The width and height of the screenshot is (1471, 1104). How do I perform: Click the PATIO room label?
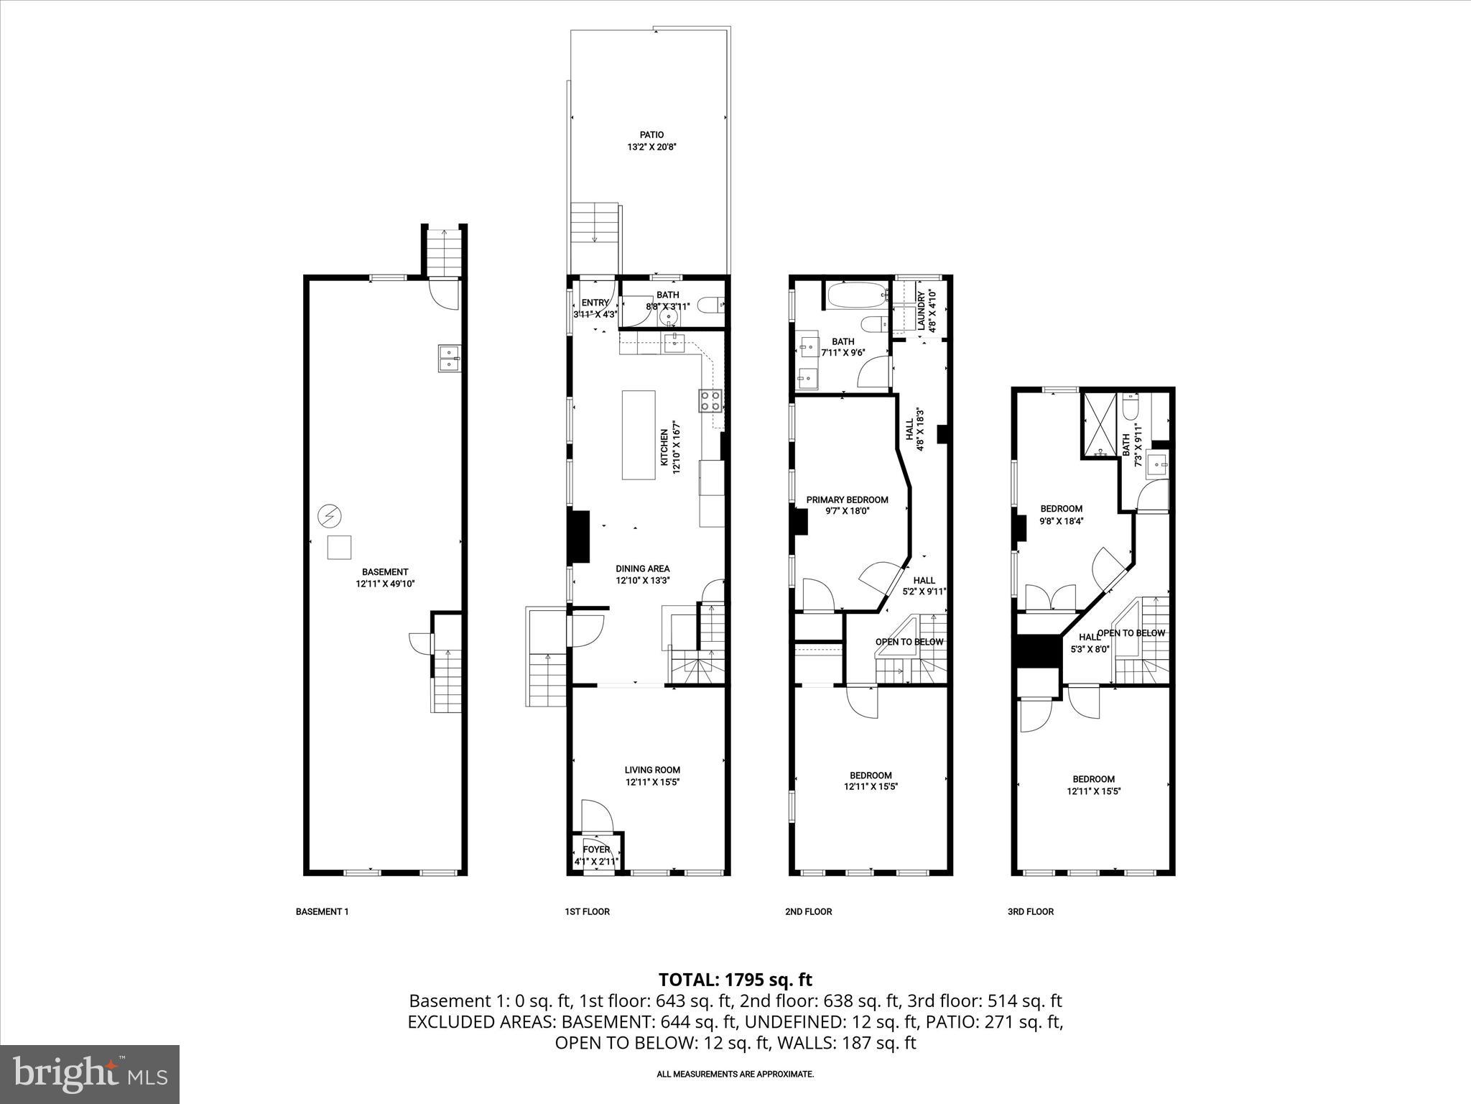[651, 134]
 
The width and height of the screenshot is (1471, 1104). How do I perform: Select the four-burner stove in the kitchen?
[710, 400]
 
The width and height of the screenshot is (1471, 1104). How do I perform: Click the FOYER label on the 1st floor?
[596, 850]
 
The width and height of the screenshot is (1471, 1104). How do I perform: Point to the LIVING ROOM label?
[651, 770]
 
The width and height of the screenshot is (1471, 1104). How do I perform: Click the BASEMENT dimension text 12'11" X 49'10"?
[385, 584]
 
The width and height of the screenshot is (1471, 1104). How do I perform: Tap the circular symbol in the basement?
[330, 515]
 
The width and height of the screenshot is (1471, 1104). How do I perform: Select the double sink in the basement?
[449, 358]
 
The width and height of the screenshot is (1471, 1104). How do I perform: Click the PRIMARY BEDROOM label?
[847, 500]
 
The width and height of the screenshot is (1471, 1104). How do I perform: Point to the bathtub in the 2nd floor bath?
[855, 295]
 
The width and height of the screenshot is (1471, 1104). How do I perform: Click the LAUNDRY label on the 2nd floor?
[921, 310]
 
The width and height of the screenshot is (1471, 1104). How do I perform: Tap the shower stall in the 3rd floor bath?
[1100, 425]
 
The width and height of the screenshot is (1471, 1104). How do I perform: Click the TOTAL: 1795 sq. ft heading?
[735, 979]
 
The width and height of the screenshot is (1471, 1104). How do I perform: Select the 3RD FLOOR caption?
[1030, 911]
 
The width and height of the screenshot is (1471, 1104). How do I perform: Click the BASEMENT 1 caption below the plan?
[322, 911]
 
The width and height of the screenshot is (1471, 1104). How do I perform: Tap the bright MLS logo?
[90, 1075]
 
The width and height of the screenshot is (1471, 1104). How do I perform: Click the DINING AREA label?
[642, 569]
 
